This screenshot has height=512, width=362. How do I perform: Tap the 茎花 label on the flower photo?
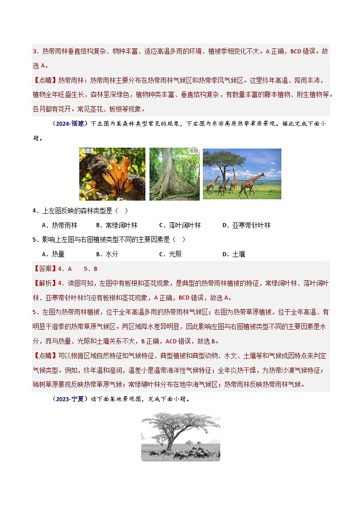(x=86, y=151)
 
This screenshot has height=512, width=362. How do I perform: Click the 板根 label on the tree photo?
(x=194, y=151)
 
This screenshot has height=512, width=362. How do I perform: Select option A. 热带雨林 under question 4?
(x=59, y=225)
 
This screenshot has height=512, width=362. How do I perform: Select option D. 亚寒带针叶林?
(x=246, y=225)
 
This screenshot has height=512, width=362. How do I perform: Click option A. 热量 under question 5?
(x=53, y=254)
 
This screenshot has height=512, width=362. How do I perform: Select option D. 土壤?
(x=233, y=254)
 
